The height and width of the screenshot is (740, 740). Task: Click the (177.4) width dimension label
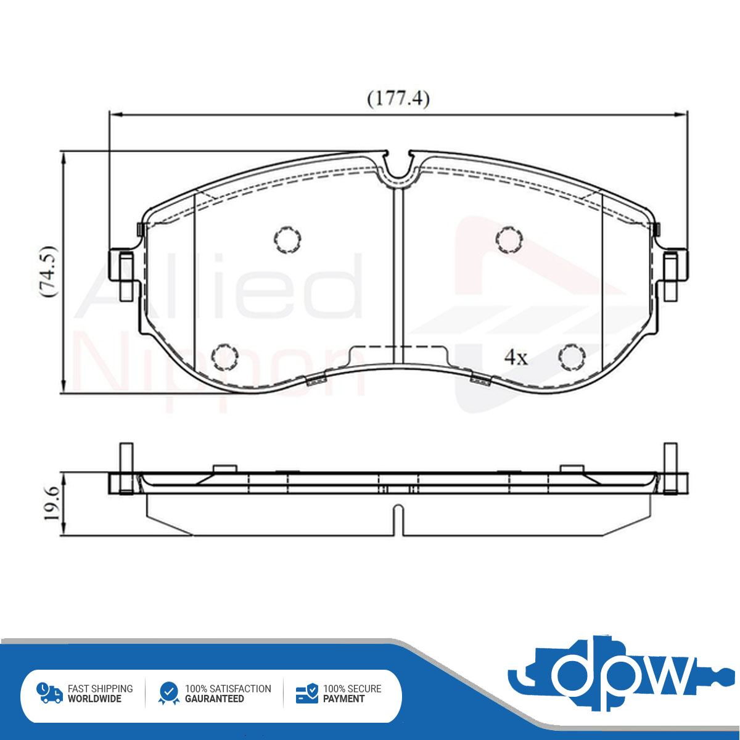398,99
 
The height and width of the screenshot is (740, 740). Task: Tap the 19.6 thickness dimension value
52,503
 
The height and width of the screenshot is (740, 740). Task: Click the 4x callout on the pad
516,358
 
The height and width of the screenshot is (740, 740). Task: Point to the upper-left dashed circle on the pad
287,240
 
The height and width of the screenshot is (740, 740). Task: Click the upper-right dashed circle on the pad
509,240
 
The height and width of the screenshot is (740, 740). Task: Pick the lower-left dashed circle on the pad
224,357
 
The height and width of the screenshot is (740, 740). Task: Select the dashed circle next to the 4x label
572,357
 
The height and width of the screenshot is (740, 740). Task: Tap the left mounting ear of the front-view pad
122,275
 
